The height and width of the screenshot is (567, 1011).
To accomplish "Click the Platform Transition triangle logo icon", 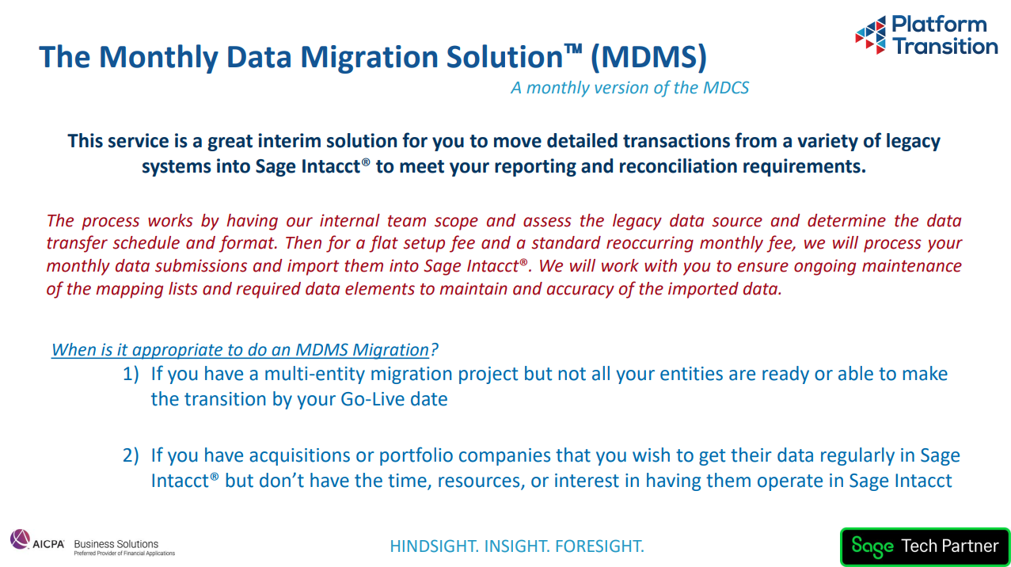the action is coord(871,35).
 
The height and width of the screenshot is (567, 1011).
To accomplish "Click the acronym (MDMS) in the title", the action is coord(648,57).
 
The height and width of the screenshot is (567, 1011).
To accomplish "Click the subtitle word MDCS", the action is coord(726,88).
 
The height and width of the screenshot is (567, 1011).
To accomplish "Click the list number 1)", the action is coord(131,374).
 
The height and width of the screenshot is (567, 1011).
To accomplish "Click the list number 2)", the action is coord(131,455).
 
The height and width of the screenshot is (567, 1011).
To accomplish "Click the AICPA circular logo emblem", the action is coord(20,539).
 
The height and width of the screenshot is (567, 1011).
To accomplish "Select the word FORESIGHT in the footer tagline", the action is coord(599,546).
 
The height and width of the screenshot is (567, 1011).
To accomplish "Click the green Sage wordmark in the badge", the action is coord(872,547).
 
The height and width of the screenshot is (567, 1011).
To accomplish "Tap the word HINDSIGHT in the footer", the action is coord(434,546).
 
